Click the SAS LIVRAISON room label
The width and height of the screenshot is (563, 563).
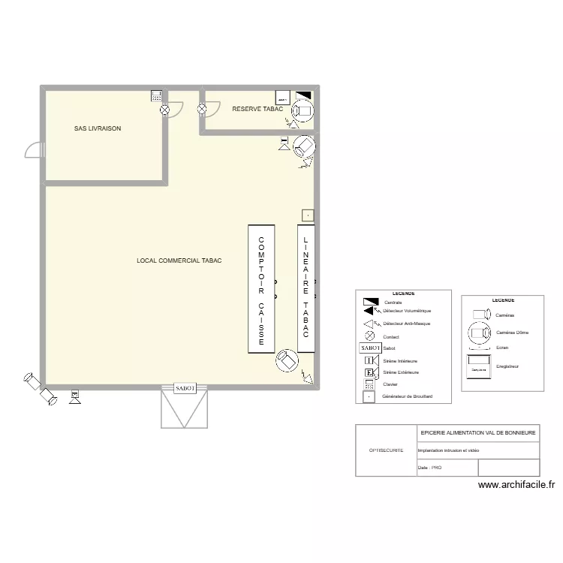(x=98, y=128)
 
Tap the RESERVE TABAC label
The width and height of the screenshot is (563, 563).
(x=257, y=109)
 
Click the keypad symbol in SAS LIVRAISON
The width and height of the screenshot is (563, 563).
(x=157, y=96)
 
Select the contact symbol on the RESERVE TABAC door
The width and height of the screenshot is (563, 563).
(x=202, y=110)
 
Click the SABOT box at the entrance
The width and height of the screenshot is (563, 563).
(x=185, y=388)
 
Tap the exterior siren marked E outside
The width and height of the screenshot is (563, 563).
(x=74, y=396)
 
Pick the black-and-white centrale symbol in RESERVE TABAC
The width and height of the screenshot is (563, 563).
(x=303, y=97)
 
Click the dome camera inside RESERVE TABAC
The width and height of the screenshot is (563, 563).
(x=304, y=111)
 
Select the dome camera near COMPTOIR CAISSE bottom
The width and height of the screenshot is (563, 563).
(x=286, y=360)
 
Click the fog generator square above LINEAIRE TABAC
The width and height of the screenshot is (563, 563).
(x=306, y=215)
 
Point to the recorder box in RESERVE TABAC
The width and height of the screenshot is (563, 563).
(x=282, y=98)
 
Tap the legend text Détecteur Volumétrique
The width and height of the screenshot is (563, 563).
(x=407, y=311)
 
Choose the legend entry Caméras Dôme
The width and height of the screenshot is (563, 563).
(x=510, y=332)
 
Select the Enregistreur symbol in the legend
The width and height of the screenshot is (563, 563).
(x=479, y=368)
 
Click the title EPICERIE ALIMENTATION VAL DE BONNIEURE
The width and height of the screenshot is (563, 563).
(x=477, y=433)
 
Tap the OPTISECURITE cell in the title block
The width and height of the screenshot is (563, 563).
(x=386, y=450)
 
